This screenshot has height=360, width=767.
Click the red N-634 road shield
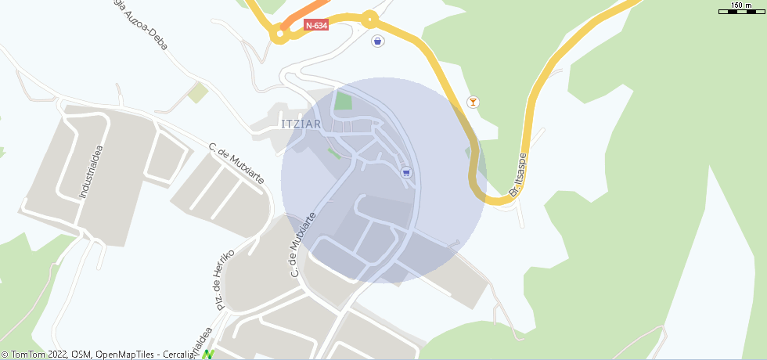coord(316,25)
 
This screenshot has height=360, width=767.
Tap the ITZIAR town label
coord(301,124)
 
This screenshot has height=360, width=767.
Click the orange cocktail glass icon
coord(472,102)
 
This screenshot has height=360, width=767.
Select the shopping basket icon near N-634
coord(378,41)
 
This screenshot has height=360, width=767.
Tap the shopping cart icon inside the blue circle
coord(405,172)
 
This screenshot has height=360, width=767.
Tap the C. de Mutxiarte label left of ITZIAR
coord(236,164)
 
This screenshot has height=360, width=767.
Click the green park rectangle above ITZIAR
coord(343,101)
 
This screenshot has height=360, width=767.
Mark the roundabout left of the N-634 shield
coord(279,34)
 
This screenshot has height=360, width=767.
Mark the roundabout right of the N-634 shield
coord(369,17)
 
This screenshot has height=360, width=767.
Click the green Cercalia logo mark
coord(208,355)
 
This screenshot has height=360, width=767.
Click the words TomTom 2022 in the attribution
coord(39,355)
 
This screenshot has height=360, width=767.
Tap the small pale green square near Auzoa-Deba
coord(197,93)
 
